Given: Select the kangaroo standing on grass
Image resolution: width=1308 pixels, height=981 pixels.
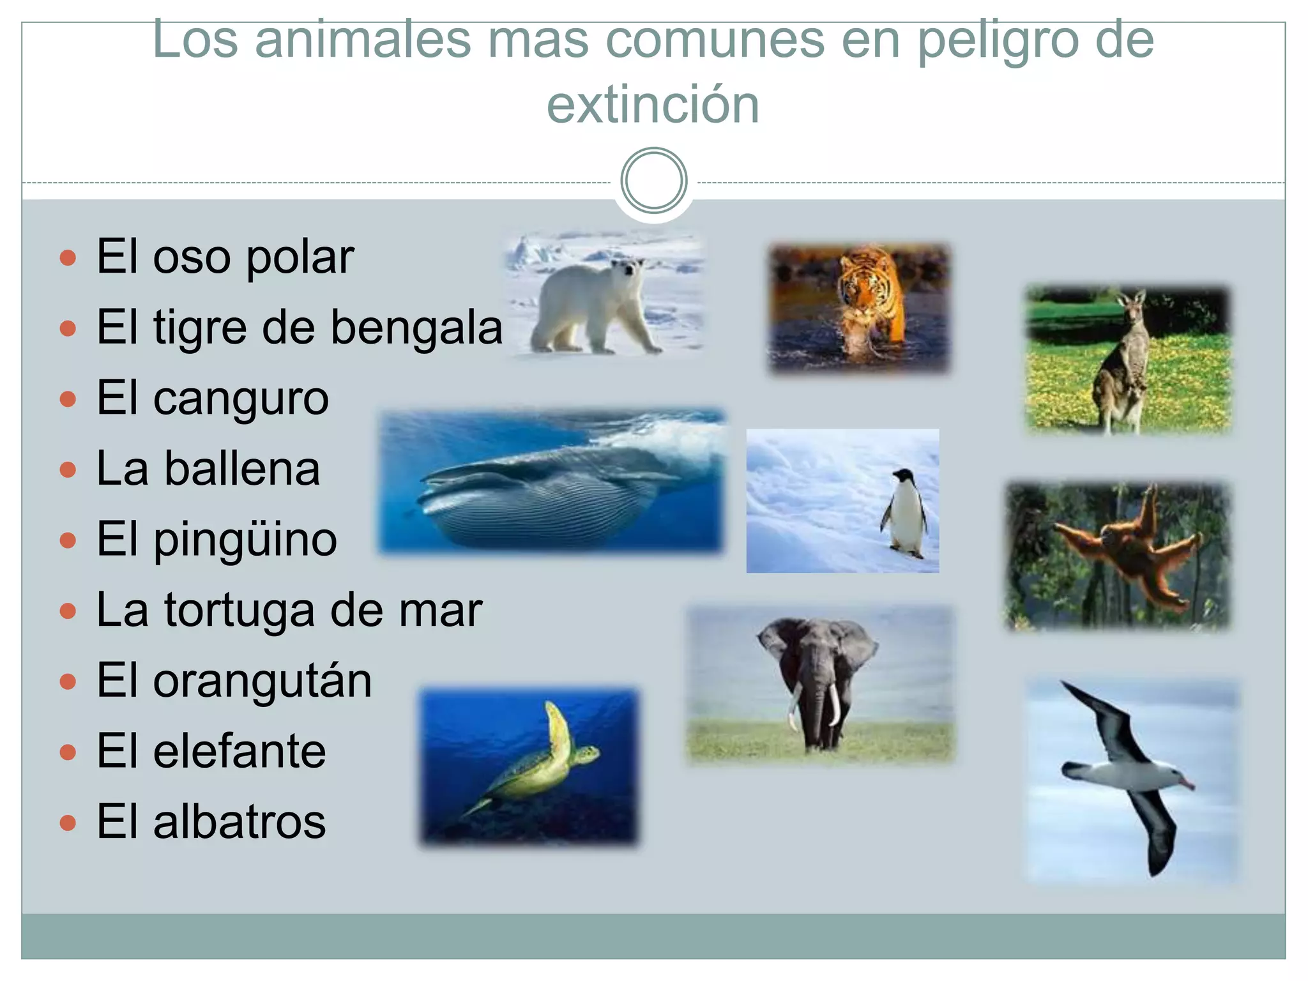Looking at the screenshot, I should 1127,361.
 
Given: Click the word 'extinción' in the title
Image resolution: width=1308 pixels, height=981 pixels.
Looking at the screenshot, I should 653,105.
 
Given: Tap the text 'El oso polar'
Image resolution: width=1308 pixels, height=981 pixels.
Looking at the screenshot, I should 225,257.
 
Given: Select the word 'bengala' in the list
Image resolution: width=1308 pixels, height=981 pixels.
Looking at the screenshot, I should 416,328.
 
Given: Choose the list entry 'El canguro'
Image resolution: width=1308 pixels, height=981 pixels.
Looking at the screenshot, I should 212,398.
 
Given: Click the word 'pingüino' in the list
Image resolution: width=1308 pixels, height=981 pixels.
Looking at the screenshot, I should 245,540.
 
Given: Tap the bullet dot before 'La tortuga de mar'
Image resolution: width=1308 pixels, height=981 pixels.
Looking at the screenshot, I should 68,611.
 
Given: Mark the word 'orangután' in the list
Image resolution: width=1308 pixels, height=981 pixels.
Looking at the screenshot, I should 262,681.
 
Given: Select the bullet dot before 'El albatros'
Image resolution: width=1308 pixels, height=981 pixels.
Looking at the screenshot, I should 68,823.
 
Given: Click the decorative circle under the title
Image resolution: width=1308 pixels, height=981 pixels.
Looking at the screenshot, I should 653,181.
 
